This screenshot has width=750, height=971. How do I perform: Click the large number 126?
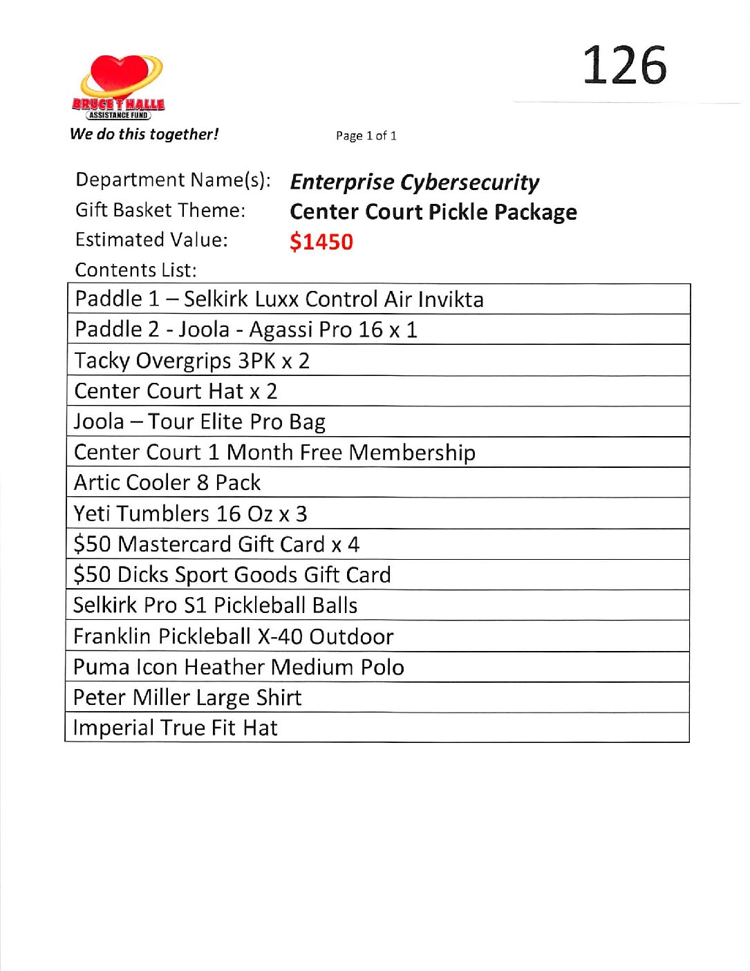click(624, 66)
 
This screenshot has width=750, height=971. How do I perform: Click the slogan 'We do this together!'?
click(144, 134)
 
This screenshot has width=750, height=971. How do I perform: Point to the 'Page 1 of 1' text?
click(366, 136)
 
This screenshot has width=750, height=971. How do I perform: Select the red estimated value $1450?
click(321, 242)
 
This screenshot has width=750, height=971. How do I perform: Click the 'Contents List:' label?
click(135, 270)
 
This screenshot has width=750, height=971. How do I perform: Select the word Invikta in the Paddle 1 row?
click(451, 299)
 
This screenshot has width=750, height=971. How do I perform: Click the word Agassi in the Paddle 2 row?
click(280, 330)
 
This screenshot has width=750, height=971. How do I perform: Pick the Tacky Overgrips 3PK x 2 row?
click(191, 361)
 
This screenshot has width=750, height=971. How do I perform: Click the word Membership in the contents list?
click(412, 453)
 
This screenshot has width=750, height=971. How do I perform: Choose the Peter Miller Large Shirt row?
click(187, 697)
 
